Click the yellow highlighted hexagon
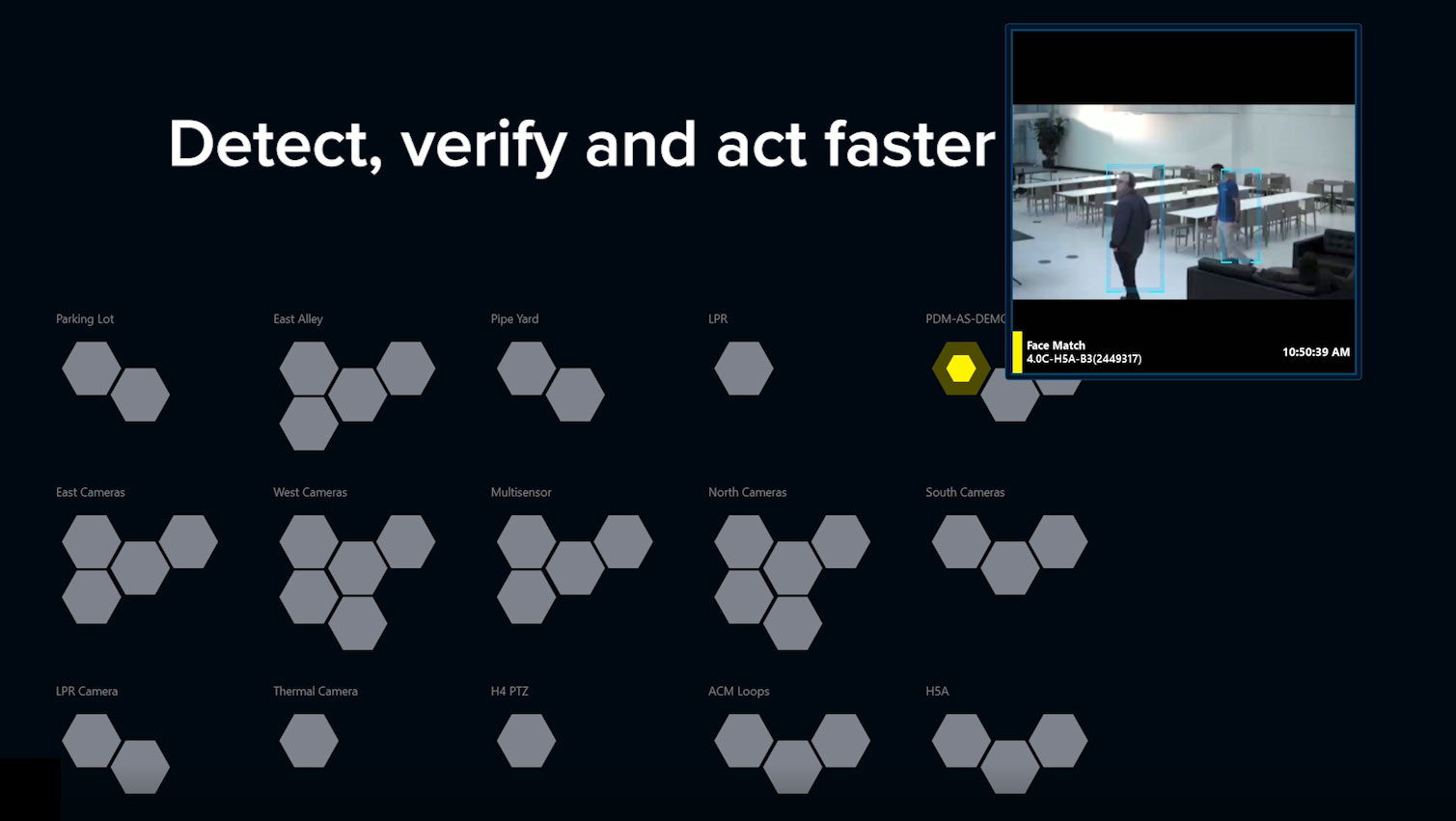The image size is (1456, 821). click(x=961, y=369)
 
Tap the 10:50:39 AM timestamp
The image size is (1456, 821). click(x=1315, y=352)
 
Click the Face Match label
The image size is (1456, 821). click(x=1056, y=345)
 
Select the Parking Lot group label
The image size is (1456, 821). click(x=85, y=319)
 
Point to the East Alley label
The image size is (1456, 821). click(x=298, y=319)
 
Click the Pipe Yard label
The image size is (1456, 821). click(x=514, y=319)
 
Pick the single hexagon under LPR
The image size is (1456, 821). click(x=744, y=369)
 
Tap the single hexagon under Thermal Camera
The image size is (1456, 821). click(x=309, y=741)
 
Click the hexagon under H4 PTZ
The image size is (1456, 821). click(x=526, y=741)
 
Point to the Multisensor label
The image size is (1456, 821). click(x=521, y=493)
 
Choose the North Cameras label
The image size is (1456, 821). click(x=747, y=493)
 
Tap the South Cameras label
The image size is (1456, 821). click(x=965, y=493)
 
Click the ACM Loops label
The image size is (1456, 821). click(x=738, y=692)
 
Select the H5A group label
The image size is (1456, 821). click(x=937, y=692)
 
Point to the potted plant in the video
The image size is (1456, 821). click(x=1049, y=138)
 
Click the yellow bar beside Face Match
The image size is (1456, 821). click(x=1017, y=352)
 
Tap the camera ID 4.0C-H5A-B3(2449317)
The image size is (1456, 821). click(x=1084, y=359)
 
